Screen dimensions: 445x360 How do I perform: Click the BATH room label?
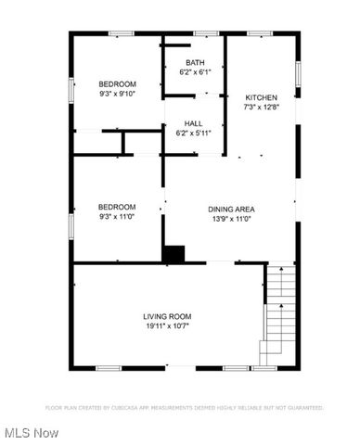(194, 62)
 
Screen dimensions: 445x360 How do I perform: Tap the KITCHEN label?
(261, 97)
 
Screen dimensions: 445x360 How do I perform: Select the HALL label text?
(194, 123)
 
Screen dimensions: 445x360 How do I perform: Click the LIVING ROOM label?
(167, 316)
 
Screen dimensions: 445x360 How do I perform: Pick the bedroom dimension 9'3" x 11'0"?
(118, 216)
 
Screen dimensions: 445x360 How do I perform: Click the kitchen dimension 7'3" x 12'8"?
(261, 108)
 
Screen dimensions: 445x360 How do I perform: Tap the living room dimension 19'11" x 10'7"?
(167, 326)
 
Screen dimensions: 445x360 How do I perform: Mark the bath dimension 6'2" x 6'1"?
(194, 72)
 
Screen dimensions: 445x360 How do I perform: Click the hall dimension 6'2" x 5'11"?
(194, 133)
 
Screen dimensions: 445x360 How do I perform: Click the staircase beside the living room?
(277, 315)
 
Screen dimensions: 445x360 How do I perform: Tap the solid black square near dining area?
(174, 252)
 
